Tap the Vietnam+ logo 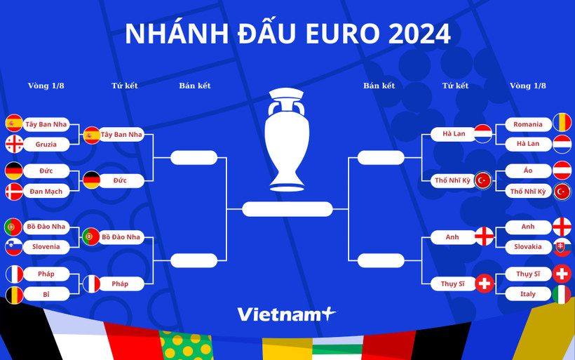(287, 314)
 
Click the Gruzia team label (46, 144)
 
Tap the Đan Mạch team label (46, 191)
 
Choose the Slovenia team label (46, 246)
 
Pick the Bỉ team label (46, 294)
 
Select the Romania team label (527, 124)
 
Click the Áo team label (527, 171)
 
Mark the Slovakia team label (527, 246)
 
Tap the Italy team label (527, 294)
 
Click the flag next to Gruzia (14, 144)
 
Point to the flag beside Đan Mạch (14, 191)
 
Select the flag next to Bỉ (14, 294)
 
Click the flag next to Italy (561, 294)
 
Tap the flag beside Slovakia (561, 246)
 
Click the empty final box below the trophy (287, 209)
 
